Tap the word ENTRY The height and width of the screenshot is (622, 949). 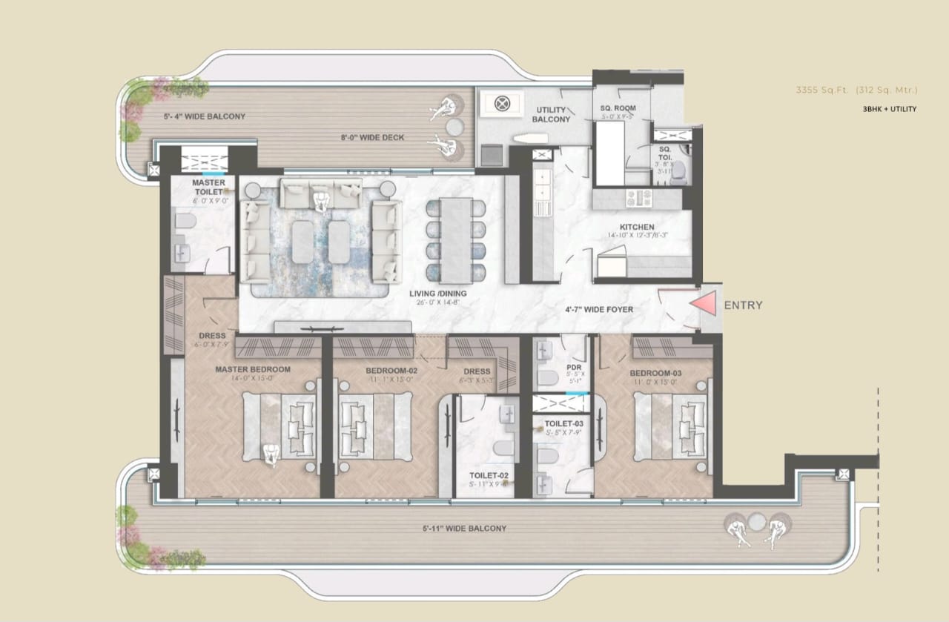[x=742, y=305]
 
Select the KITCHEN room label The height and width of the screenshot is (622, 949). [x=637, y=227]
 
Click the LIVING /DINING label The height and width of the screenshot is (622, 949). [x=437, y=294]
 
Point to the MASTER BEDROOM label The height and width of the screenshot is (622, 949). [x=253, y=368]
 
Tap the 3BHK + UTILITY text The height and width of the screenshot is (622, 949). [x=889, y=109]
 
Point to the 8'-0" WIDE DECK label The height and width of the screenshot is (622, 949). [x=372, y=138]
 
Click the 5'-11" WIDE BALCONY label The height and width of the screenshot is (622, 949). [x=464, y=529]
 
